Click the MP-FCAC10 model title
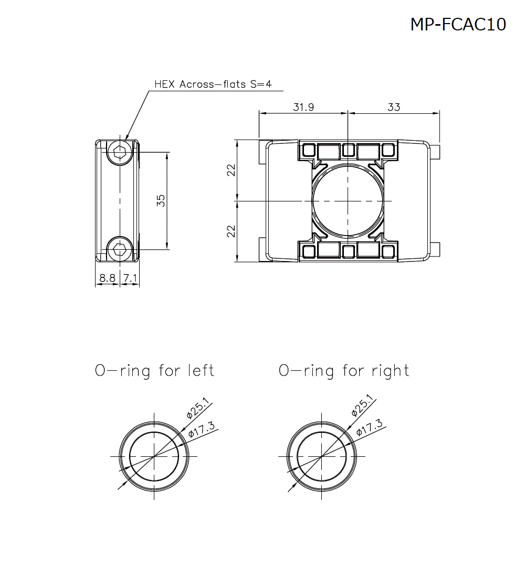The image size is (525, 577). (x=458, y=24)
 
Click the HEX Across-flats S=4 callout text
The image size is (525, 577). (x=213, y=84)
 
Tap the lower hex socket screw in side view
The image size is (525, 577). (x=120, y=249)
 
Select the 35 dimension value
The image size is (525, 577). (x=161, y=200)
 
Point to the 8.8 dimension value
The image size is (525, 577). (x=107, y=278)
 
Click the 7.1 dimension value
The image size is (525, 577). (x=130, y=278)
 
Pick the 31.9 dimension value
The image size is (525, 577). (x=303, y=107)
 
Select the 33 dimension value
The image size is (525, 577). (x=394, y=107)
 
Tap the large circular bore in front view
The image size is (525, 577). (x=348, y=200)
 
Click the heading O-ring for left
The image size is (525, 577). (x=154, y=371)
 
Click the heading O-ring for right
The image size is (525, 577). (x=344, y=371)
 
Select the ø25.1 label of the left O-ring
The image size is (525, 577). (x=198, y=408)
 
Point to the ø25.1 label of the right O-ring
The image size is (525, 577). (x=363, y=405)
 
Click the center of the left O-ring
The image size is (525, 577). (x=154, y=456)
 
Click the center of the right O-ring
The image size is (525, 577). (x=321, y=456)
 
